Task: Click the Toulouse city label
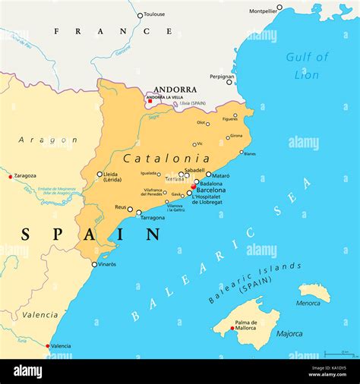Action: pyautogui.click(x=154, y=14)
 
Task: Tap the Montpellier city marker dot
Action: pyautogui.click(x=279, y=8)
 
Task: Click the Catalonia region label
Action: pyautogui.click(x=166, y=159)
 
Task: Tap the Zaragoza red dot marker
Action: pyautogui.click(x=11, y=177)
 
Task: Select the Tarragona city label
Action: pyautogui.click(x=153, y=218)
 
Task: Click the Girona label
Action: pyautogui.click(x=236, y=136)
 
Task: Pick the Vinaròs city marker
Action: pyautogui.click(x=94, y=265)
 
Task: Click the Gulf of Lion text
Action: pyautogui.click(x=307, y=66)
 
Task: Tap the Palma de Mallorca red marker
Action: pyautogui.click(x=232, y=329)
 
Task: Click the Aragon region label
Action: pyautogui.click(x=47, y=140)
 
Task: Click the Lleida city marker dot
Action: pyautogui.click(x=99, y=174)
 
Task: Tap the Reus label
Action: pyautogui.click(x=121, y=206)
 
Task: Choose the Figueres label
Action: pyautogui.click(x=229, y=119)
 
